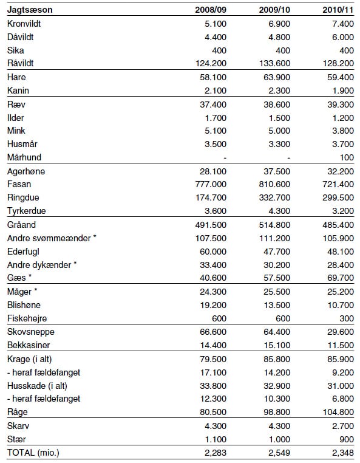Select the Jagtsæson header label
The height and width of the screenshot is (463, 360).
[x=29, y=10]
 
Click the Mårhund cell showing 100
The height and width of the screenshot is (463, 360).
[x=345, y=157]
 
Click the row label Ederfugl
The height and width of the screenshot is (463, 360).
[x=24, y=251]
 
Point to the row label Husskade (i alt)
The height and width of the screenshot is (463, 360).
[x=35, y=385]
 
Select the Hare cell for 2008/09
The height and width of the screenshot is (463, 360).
[x=200, y=77]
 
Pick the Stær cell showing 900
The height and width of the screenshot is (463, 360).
[x=345, y=438]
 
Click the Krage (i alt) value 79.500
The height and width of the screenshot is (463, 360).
[x=200, y=358]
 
